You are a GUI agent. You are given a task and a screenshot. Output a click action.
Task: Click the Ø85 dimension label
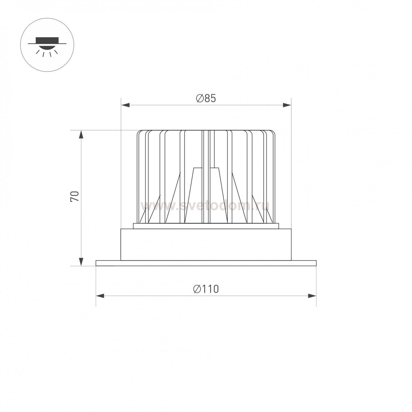[x=206, y=98]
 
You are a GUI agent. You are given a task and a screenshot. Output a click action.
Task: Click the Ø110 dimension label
[x=206, y=289]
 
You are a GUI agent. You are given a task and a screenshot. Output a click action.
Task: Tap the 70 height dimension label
[x=75, y=196]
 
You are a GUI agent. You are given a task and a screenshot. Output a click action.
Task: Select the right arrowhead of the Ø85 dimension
[x=287, y=105]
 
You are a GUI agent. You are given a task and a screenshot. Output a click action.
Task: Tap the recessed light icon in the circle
[x=47, y=45]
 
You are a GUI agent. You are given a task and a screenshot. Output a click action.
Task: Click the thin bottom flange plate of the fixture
[x=206, y=263]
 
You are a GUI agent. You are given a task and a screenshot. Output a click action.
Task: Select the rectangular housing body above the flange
[x=206, y=244]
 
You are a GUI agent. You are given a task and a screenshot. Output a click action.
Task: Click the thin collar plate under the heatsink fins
[x=206, y=226]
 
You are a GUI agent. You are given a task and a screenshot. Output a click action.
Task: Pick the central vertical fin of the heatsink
[x=206, y=176]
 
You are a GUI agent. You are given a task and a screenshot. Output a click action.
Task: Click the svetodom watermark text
[x=205, y=205]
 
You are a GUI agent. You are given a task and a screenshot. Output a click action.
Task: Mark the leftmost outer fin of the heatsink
[x=138, y=176]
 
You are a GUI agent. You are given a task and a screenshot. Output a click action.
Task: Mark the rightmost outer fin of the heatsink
[x=274, y=176]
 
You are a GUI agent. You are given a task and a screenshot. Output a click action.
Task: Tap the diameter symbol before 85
[x=200, y=98]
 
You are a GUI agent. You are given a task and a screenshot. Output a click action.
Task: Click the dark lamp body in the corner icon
[x=47, y=40]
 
